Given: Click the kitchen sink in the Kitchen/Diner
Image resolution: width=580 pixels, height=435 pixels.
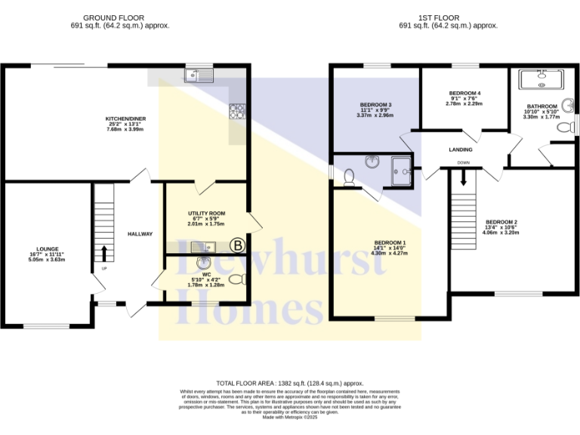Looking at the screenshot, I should [200, 75].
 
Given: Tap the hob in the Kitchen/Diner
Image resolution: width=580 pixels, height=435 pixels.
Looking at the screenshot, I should [238, 111].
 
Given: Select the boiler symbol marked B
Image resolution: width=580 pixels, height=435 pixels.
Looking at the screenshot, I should [237, 245].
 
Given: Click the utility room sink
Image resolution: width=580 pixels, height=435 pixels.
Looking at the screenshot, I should [202, 246].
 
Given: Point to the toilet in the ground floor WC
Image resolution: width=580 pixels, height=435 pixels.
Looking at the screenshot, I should [237, 279].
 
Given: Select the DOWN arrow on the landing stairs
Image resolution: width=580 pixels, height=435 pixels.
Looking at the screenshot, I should [464, 177].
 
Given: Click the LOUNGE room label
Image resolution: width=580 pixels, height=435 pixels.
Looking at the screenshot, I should [48, 248].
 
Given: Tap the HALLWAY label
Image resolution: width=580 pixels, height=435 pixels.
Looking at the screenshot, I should [140, 234].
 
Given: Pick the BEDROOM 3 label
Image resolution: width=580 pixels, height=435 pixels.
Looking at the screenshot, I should [375, 105].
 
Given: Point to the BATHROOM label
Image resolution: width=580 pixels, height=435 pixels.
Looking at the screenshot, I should [541, 106].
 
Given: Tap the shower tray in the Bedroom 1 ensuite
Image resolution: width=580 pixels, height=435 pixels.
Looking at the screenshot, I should [403, 170].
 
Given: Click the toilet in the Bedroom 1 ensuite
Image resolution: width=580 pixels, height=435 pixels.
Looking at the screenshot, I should [349, 176].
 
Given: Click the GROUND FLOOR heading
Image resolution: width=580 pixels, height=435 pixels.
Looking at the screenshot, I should [113, 17].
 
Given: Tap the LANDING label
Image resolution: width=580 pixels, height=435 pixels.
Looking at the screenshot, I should [461, 150].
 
